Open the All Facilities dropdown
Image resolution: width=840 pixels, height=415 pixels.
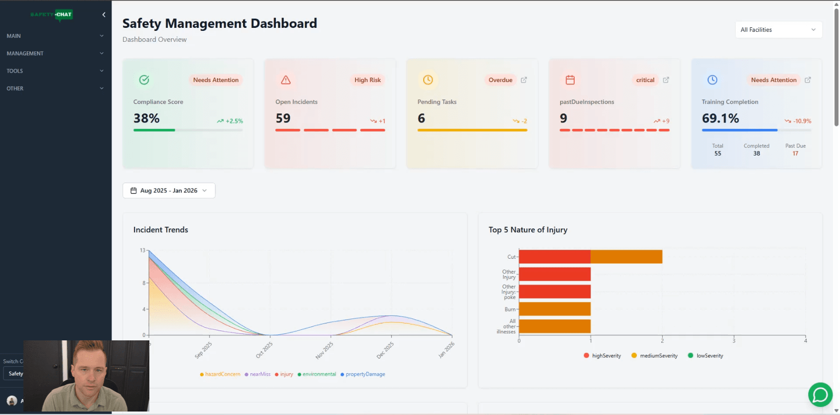click(778, 30)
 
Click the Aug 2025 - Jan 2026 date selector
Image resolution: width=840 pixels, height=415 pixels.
click(169, 191)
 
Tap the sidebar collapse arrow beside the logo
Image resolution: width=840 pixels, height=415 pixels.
click(104, 14)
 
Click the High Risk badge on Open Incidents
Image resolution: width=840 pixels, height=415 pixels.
click(367, 80)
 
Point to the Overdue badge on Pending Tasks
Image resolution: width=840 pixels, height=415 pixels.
click(500, 80)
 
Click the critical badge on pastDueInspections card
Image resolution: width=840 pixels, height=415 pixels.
click(645, 80)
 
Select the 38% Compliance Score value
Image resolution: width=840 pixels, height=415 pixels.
click(146, 118)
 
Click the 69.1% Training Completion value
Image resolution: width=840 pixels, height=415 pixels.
click(720, 118)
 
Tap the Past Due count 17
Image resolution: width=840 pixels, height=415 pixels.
click(795, 153)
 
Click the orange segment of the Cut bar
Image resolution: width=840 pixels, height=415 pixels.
click(626, 257)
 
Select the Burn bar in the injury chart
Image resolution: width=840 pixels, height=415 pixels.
click(555, 309)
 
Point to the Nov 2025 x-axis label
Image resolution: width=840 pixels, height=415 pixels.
click(324, 350)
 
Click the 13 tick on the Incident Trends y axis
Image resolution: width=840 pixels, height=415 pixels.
click(142, 250)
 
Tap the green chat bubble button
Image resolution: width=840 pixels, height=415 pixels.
click(820, 395)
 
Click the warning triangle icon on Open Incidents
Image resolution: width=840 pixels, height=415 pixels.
click(286, 80)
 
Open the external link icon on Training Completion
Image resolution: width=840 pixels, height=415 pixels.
click(808, 80)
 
